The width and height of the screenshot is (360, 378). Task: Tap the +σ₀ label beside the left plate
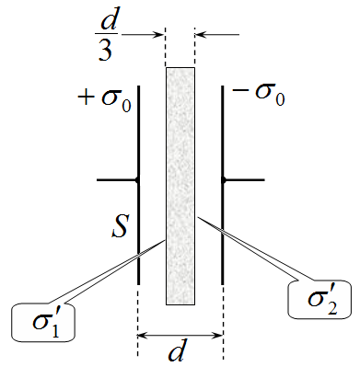(x=105, y=99)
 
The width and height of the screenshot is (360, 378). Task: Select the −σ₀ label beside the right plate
(x=259, y=93)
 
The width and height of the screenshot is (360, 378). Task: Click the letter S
(x=120, y=226)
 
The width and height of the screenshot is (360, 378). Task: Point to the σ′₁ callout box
(x=43, y=322)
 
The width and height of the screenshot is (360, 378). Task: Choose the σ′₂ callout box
(x=319, y=300)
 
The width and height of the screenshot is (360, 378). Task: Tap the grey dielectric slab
(x=180, y=186)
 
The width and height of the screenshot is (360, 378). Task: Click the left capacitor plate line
(x=138, y=185)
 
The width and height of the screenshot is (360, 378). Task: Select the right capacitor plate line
(x=223, y=185)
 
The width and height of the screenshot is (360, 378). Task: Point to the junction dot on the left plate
(x=137, y=180)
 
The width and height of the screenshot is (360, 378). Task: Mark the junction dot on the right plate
(x=224, y=180)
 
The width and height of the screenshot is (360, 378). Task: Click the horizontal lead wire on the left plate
(x=117, y=180)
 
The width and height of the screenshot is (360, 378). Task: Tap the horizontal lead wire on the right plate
(x=244, y=180)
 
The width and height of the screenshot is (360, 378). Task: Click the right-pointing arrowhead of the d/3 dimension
(x=159, y=35)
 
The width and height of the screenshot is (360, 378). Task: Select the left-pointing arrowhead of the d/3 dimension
(x=201, y=35)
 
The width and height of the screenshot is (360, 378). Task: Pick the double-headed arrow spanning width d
(x=180, y=336)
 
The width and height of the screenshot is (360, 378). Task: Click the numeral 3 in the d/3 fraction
(x=105, y=50)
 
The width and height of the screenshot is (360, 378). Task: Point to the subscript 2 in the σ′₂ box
(x=332, y=307)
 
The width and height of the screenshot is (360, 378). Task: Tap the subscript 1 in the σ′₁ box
(x=55, y=330)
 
